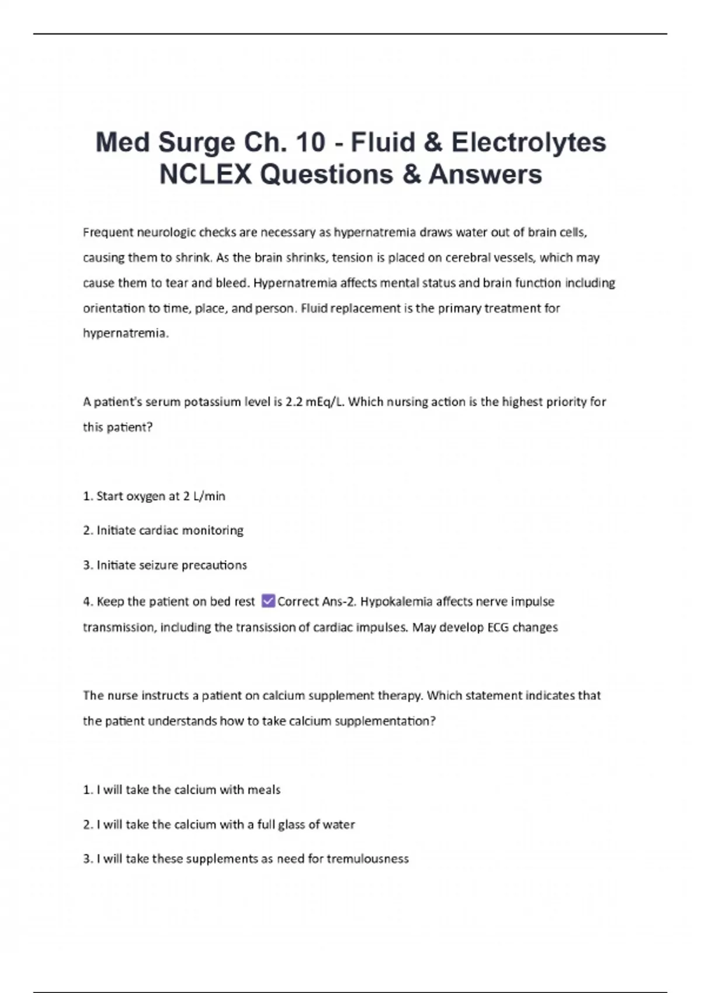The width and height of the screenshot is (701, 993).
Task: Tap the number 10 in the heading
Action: (x=310, y=143)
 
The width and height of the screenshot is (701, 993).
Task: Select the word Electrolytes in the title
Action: (x=529, y=143)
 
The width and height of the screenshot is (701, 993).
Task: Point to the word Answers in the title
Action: (x=485, y=174)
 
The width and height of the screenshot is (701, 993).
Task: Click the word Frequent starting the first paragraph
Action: (x=108, y=232)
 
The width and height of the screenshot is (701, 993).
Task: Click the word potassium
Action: (x=236, y=402)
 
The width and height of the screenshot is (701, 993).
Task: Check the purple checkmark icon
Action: (x=268, y=600)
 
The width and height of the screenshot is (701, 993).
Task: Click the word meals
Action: (x=264, y=790)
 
